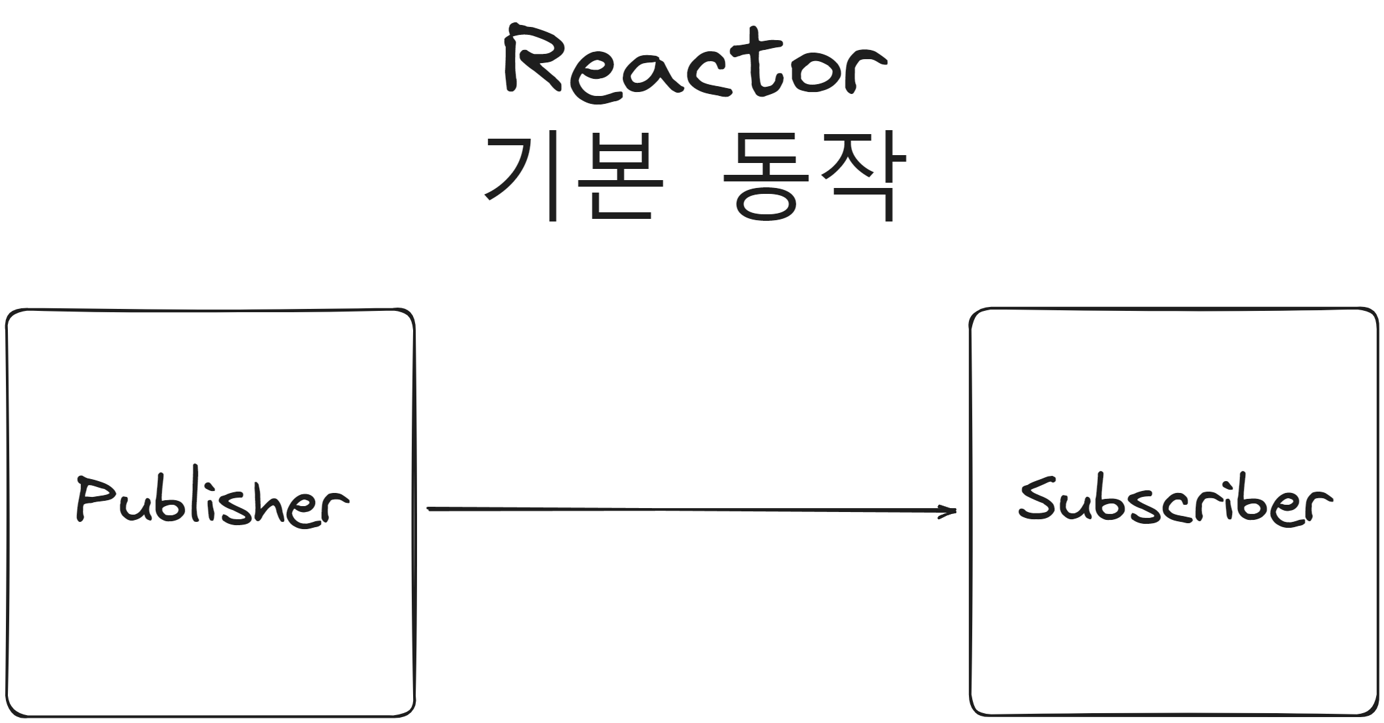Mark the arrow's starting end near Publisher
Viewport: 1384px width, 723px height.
coord(430,508)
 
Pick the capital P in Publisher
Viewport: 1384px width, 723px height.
coord(92,500)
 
